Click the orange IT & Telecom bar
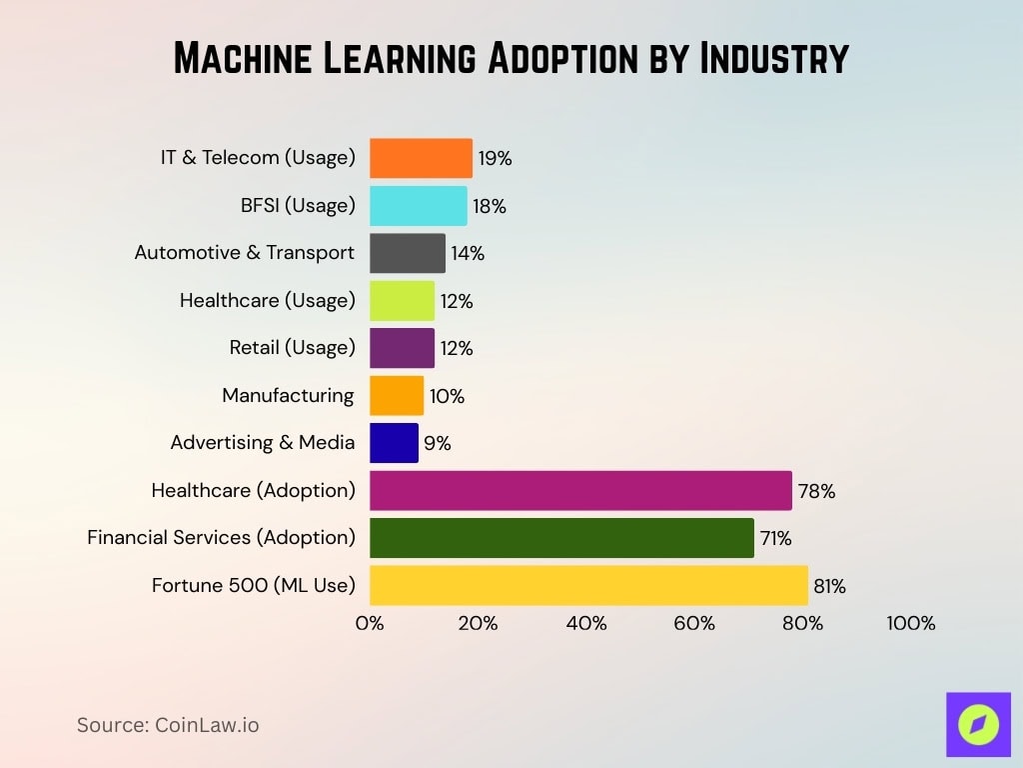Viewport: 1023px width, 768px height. (421, 158)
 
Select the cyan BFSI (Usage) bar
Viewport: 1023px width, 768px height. (418, 206)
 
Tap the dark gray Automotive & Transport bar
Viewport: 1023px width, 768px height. (408, 253)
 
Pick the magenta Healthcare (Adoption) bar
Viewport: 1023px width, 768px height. (580, 491)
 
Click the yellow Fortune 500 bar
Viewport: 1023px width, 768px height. (588, 585)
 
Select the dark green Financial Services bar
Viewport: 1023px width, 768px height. (561, 538)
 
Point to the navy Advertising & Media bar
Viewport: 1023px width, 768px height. (394, 443)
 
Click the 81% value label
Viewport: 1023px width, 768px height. (829, 586)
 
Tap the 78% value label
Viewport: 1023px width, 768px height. (815, 491)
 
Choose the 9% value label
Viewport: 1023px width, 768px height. (437, 444)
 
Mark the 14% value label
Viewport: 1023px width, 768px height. (467, 254)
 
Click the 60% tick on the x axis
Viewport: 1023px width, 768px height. (694, 623)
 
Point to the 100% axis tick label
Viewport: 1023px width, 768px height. (910, 623)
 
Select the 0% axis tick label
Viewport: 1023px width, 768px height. (370, 623)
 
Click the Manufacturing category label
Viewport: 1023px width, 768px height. (288, 396)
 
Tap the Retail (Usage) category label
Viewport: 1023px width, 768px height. (292, 348)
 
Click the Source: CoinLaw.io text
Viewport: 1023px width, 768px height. (168, 725)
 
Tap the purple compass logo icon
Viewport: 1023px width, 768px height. (978, 724)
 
